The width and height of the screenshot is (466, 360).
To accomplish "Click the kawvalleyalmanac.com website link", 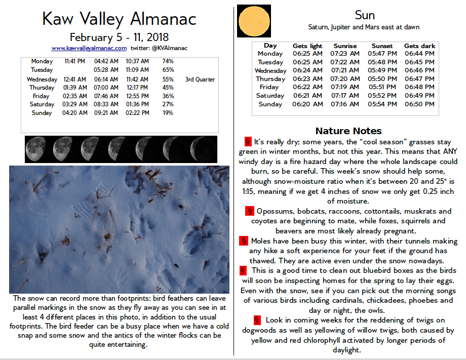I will pos(89,48).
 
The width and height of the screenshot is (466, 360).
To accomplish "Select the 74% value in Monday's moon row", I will pos(168,61).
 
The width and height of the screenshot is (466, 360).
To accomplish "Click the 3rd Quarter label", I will pos(200,79).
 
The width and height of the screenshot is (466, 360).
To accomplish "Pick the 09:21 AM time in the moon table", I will pos(106,113).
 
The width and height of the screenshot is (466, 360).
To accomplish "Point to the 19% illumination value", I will pos(168,113).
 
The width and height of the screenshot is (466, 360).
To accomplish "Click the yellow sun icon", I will pos(254,21).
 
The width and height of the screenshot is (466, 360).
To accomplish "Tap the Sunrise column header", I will pos(345,46).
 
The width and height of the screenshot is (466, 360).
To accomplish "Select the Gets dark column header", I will pos(419,46).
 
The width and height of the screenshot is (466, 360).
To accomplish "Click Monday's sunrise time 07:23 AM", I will pos(345,54).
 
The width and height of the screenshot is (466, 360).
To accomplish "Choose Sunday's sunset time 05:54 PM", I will pos(382,104).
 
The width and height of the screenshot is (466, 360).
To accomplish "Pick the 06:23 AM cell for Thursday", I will pos(307,79).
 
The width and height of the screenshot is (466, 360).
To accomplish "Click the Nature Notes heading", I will pos(348,131).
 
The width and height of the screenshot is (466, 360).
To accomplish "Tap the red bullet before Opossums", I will pos(250,211).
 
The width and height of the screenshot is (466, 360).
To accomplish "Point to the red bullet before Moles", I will pos(244,241).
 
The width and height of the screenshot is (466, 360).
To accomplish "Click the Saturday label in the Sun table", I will pos(270,96).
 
